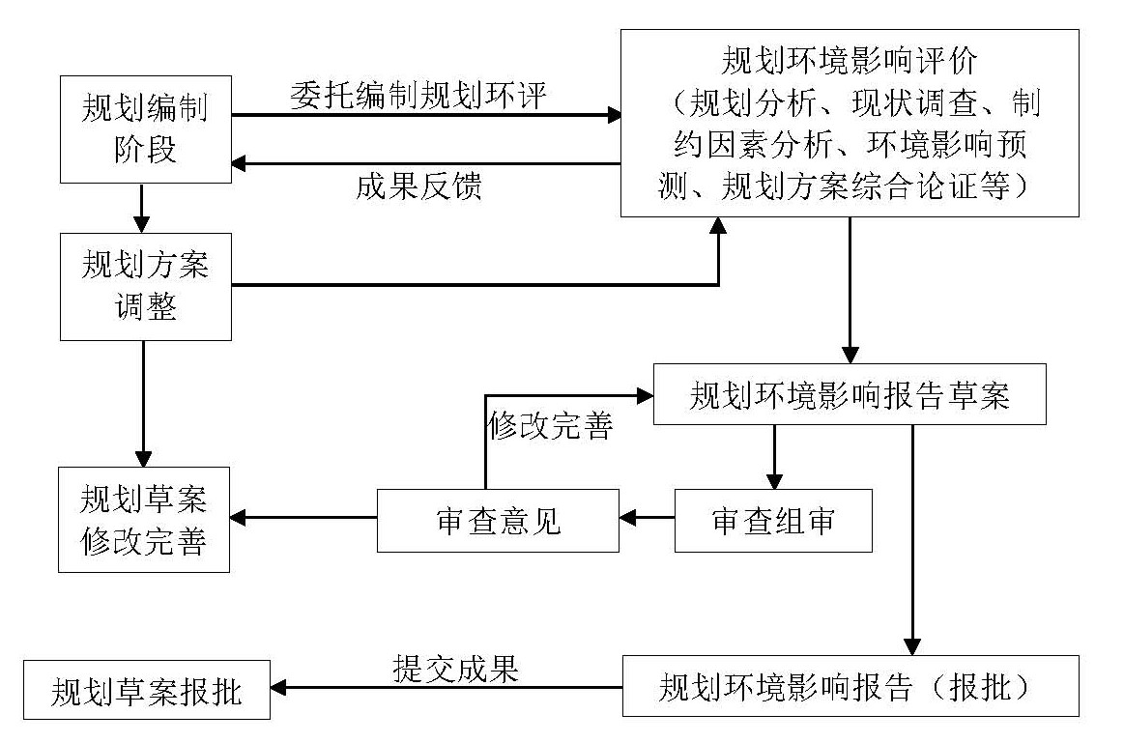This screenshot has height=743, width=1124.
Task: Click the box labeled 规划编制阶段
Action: coord(145,130)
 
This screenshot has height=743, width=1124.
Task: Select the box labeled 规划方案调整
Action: coord(145,286)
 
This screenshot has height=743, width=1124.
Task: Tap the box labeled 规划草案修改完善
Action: coord(143,519)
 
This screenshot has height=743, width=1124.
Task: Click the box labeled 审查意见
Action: coord(498,521)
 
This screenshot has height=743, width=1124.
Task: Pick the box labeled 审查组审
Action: coord(773,521)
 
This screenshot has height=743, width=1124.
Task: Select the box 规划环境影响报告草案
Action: coord(850,394)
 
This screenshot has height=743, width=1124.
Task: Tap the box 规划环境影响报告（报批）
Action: coord(850,686)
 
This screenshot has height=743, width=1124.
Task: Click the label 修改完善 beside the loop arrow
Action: coord(550,427)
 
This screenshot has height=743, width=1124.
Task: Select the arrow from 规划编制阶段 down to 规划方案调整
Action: coord(142,207)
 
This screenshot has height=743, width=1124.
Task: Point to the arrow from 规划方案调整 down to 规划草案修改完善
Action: coord(143,402)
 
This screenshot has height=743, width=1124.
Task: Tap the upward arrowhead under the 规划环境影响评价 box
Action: coord(718,225)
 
